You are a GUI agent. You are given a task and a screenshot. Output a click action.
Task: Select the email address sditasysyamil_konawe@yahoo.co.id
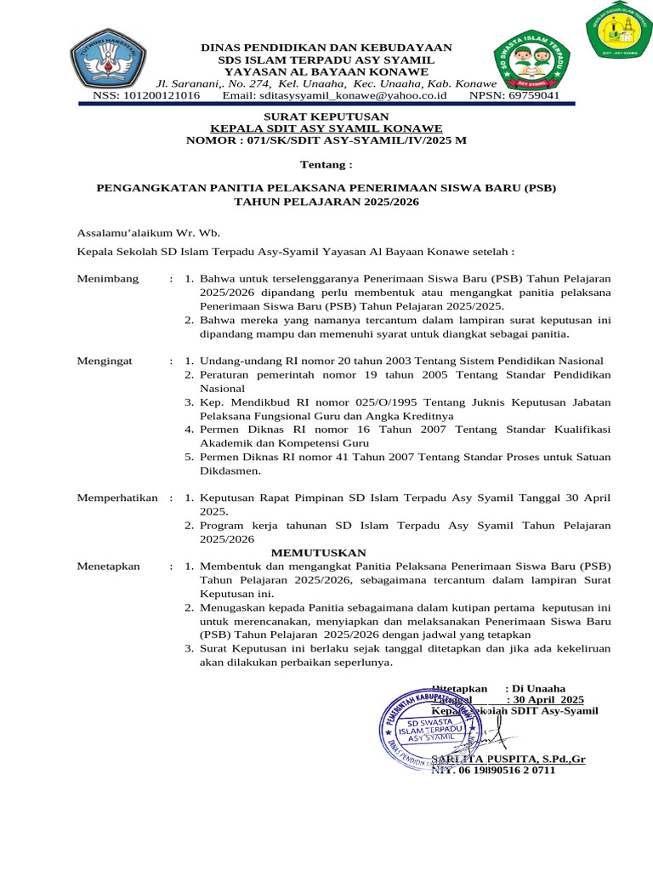pos(335,96)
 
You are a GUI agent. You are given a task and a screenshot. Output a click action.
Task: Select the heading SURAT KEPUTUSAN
pos(326,117)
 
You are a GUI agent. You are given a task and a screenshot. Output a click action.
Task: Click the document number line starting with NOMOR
pos(326,139)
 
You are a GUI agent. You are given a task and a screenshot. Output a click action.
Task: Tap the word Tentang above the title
pos(326,163)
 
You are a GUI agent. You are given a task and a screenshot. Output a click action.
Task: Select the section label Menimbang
pos(107,279)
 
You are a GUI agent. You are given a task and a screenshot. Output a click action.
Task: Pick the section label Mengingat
pos(105,361)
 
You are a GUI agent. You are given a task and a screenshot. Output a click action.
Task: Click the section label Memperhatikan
pos(117,498)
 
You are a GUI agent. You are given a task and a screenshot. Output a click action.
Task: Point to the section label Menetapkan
pos(108,566)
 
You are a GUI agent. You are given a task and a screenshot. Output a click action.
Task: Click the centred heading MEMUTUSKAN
pos(326,553)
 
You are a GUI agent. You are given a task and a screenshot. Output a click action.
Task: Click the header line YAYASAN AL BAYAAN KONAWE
pos(326,72)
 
